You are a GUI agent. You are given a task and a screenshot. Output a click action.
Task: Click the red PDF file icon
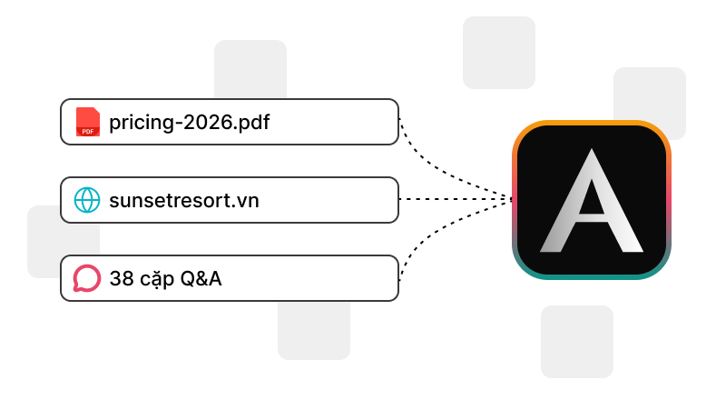click(x=88, y=122)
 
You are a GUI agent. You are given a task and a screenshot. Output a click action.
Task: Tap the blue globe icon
click(x=87, y=200)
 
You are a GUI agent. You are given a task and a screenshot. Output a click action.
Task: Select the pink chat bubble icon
click(x=87, y=278)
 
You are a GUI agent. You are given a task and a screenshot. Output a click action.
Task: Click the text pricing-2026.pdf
click(x=190, y=123)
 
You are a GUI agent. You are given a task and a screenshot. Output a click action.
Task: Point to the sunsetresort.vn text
click(x=184, y=201)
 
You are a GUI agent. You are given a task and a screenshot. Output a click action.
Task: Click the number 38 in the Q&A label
click(x=123, y=278)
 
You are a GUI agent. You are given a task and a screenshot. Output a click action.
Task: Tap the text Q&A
click(x=201, y=278)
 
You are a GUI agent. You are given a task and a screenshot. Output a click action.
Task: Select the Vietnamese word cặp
click(x=157, y=280)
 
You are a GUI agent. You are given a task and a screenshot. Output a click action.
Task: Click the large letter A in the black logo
click(x=592, y=201)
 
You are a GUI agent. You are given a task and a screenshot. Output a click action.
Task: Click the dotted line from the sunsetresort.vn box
click(x=456, y=199)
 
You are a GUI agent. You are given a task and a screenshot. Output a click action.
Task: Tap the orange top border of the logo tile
click(x=592, y=123)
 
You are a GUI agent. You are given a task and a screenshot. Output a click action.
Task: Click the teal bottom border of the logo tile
click(x=592, y=276)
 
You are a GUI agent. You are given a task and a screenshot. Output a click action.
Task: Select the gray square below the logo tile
click(x=577, y=342)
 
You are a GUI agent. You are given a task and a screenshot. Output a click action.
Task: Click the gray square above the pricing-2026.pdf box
click(x=250, y=69)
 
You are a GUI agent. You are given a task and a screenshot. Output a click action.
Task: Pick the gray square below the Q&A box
click(x=314, y=330)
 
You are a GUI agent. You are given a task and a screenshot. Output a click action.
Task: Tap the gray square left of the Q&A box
click(x=44, y=242)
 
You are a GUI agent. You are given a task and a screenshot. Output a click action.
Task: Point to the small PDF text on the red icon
click(x=88, y=131)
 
